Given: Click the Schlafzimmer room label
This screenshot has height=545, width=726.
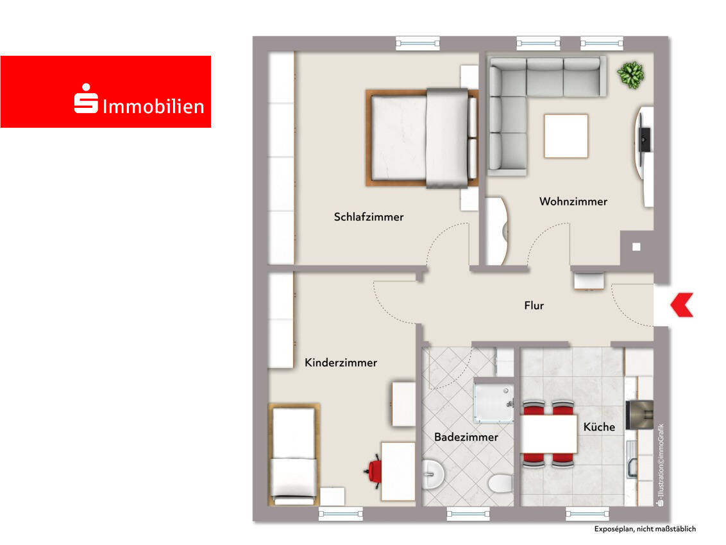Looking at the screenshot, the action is click(x=369, y=217).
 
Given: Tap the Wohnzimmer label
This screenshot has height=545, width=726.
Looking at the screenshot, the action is click(x=573, y=202).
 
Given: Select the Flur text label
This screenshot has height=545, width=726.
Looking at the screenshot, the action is click(x=534, y=306).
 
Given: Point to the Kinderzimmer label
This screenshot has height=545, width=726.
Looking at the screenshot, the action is click(x=341, y=363).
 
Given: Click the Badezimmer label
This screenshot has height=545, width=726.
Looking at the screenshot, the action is click(x=466, y=437).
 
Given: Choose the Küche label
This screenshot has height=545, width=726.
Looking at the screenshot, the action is click(x=599, y=427).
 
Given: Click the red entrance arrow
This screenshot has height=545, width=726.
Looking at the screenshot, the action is click(x=682, y=305).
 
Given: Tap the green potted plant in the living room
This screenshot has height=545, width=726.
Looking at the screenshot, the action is click(x=630, y=74).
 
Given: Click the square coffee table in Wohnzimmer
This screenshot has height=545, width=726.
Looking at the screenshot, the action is click(x=566, y=136).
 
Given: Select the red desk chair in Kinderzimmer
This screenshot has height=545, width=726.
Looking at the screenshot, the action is click(x=374, y=471).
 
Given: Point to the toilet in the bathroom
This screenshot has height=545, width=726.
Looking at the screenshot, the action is click(x=500, y=483).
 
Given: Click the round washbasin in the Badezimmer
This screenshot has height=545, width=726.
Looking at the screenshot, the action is click(x=434, y=474).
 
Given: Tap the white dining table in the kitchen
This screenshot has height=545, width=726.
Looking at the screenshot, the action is click(x=548, y=434).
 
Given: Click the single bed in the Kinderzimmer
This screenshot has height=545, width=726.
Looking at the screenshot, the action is click(x=294, y=454).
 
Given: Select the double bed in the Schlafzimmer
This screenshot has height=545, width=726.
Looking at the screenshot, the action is click(x=422, y=137).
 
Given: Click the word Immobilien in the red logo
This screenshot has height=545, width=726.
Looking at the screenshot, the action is click(x=153, y=107).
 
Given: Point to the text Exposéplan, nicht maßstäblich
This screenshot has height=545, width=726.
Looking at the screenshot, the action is click(x=645, y=529).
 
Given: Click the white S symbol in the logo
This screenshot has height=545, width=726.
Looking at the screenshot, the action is click(x=86, y=98).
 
